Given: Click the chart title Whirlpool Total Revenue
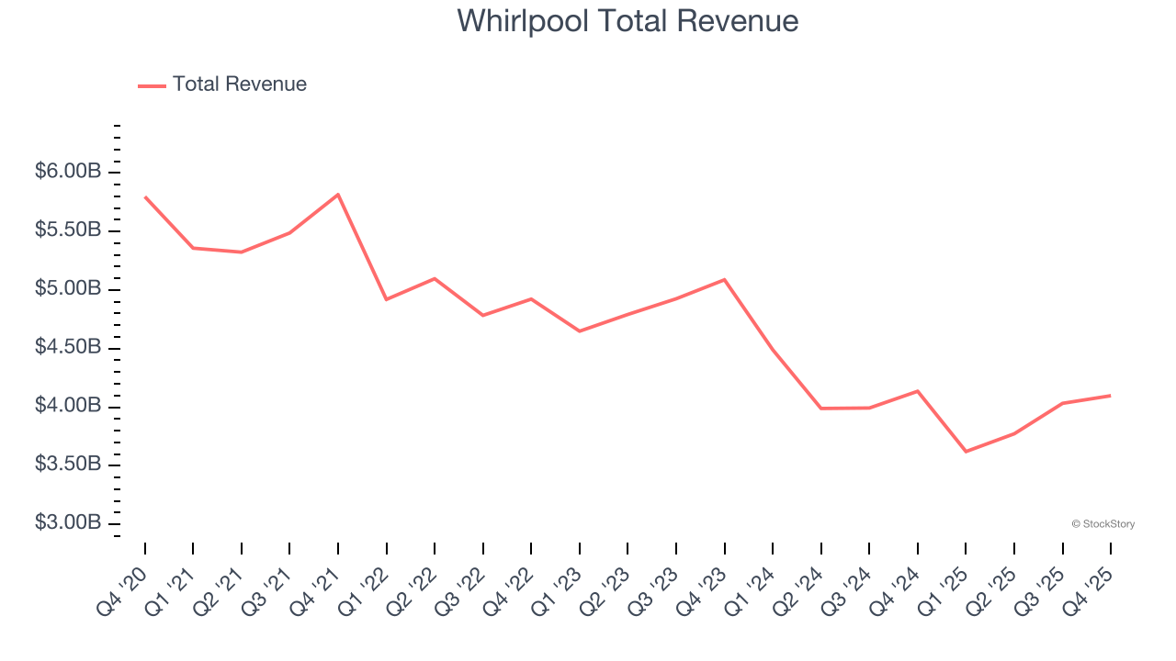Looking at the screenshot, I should pos(628,20).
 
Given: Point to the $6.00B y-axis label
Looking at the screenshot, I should pos(68,172).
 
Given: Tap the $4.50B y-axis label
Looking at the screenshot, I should pos(68,347).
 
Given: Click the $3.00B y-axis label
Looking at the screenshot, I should pos(68,522).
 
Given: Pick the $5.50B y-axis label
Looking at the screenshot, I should pos(68,230).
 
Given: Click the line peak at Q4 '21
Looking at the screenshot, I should pos(338,195).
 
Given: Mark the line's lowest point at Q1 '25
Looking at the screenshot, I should pos(966,452).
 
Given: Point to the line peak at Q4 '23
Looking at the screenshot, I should pos(724,279).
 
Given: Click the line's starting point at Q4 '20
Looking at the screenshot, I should pos(145,196).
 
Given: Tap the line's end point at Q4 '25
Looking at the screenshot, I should pos(1111,396).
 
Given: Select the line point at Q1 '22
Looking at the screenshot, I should pos(386,299).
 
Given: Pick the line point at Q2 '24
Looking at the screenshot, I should pos(820,409).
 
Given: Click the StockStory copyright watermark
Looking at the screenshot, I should pos(1102,524).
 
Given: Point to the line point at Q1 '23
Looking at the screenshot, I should pos(579,331).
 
